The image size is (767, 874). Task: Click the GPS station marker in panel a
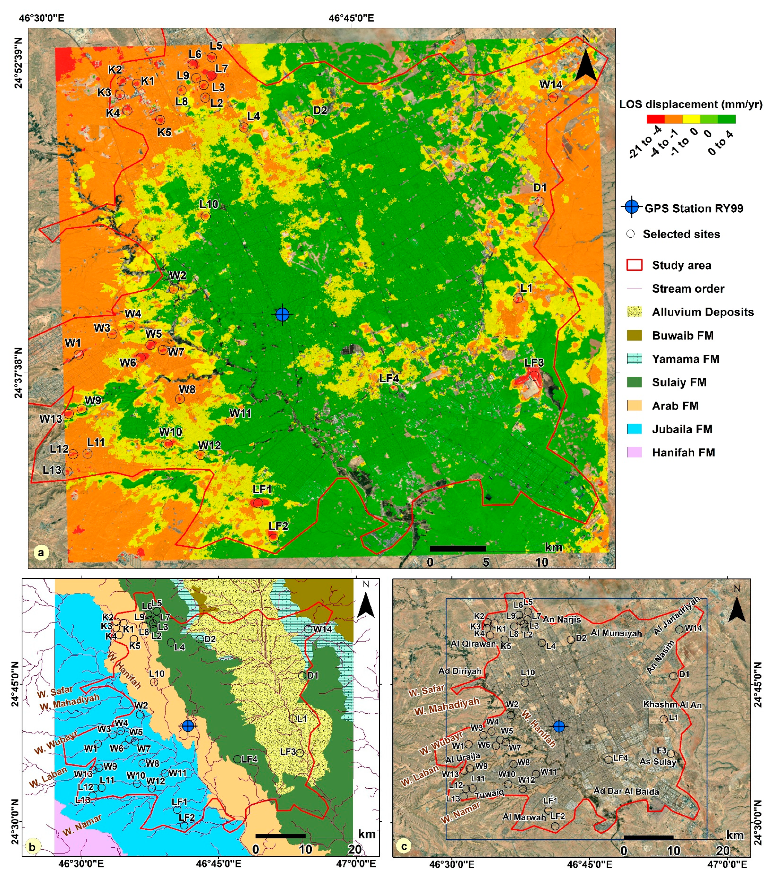click(x=282, y=315)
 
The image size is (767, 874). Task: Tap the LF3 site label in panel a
click(x=534, y=362)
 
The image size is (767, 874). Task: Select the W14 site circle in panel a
click(x=553, y=97)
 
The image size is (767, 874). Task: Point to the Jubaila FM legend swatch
click(x=634, y=429)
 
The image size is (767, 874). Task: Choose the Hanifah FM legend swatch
click(x=634, y=452)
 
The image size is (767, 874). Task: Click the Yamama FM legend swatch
click(x=634, y=359)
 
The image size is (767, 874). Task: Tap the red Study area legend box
click(x=634, y=265)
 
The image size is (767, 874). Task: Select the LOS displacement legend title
click(x=690, y=104)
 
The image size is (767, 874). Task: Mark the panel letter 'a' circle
click(x=41, y=552)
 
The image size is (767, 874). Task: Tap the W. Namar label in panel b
click(x=82, y=825)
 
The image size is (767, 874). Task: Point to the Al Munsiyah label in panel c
click(x=616, y=633)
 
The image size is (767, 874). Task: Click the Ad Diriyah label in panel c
click(x=460, y=671)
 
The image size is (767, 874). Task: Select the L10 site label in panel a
click(x=209, y=204)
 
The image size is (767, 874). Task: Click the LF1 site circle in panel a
click(x=257, y=503)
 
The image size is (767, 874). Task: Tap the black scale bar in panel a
click(x=457, y=549)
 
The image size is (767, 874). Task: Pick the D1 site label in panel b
click(x=313, y=676)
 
